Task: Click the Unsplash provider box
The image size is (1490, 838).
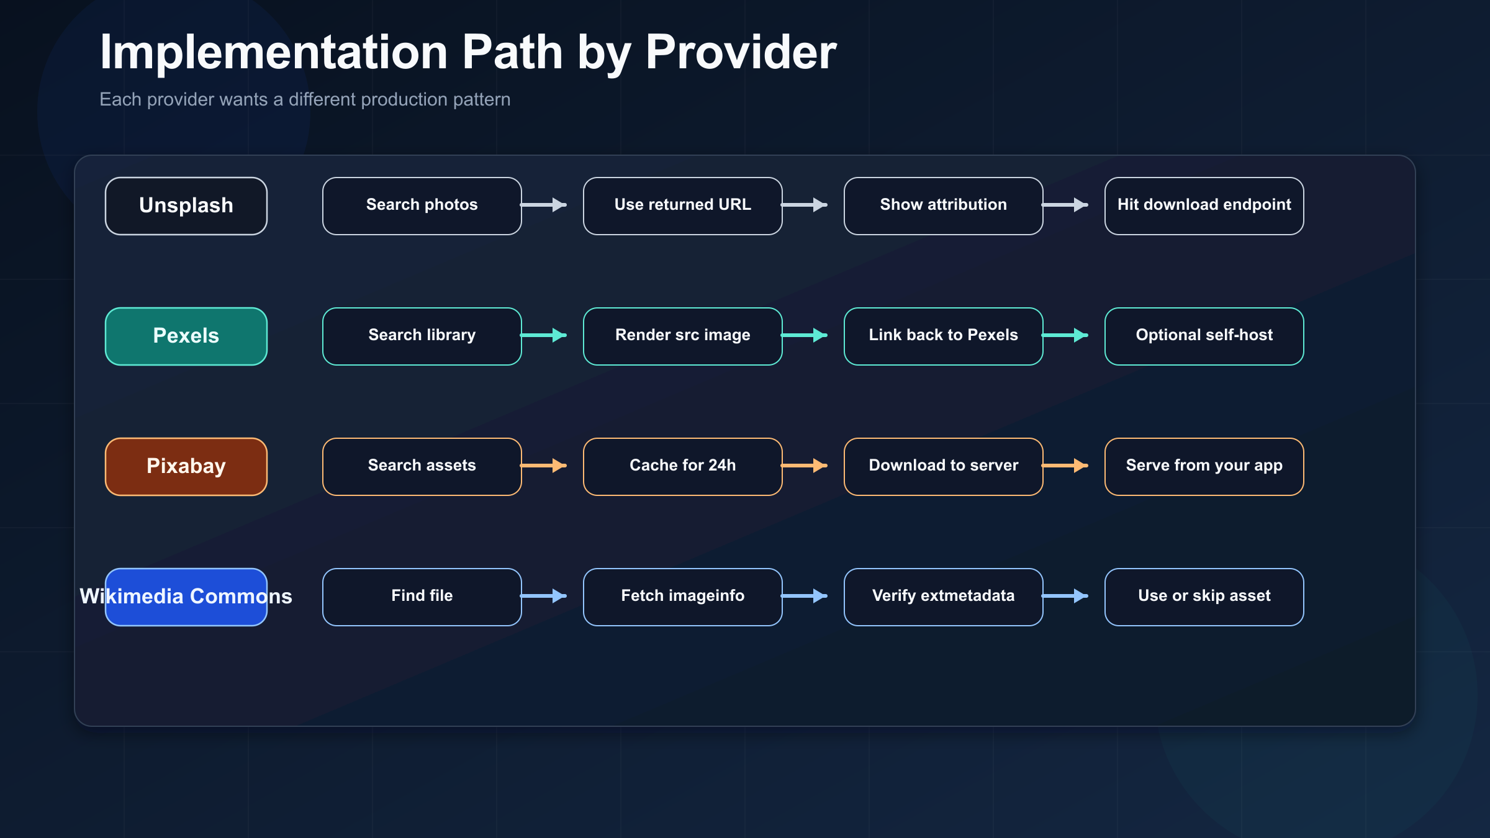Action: [x=186, y=205]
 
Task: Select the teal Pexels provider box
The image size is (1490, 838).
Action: [x=186, y=336]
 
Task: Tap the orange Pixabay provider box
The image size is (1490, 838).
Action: [x=186, y=466]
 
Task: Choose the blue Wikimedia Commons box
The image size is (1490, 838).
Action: [x=186, y=597]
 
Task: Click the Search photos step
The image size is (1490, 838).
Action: [x=422, y=205]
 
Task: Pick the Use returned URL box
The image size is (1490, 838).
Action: [x=683, y=205]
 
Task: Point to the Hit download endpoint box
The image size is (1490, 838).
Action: [x=1204, y=205]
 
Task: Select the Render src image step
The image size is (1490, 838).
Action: [x=683, y=336]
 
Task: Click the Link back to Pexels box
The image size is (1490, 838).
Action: [x=944, y=336]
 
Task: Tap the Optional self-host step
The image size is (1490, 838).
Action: [x=1204, y=336]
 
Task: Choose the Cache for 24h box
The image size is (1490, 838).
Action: [x=683, y=466]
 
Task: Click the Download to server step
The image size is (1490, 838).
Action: [x=944, y=466]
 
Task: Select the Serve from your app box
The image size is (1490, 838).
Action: [x=1204, y=466]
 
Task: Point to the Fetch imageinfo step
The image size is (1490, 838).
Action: [x=683, y=597]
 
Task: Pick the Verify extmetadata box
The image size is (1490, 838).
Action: [x=944, y=597]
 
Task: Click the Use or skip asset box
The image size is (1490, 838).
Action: [x=1204, y=597]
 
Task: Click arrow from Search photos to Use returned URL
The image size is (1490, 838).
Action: [x=544, y=205]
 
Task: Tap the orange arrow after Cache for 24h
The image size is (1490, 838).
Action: [x=805, y=466]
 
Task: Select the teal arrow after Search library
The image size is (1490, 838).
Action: [x=544, y=335]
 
